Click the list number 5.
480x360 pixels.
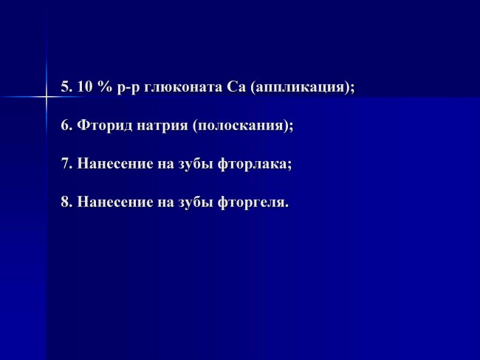(66, 87)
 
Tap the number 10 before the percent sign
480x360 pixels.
(85, 87)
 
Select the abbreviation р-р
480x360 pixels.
(128, 89)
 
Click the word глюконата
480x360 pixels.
(183, 88)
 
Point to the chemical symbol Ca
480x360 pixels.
(236, 87)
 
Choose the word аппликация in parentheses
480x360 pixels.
(301, 88)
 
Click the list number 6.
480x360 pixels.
(66, 125)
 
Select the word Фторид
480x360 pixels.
(105, 126)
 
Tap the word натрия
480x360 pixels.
(162, 126)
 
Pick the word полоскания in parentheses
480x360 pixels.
(241, 126)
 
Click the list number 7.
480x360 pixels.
(66, 163)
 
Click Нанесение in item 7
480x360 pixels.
(115, 163)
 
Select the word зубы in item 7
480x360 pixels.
(196, 164)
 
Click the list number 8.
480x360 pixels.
(66, 202)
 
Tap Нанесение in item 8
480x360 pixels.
(115, 202)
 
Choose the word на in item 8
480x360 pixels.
(165, 203)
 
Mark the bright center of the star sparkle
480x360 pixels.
(47, 97)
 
